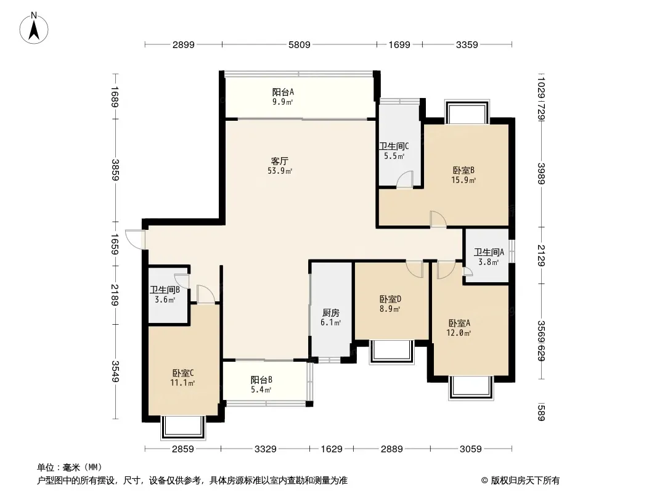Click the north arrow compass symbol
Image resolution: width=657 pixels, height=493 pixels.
click(x=34, y=28)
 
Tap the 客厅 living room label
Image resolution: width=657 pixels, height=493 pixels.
click(x=279, y=161)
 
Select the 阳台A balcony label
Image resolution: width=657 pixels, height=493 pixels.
click(x=283, y=92)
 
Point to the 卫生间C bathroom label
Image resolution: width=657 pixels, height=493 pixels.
click(x=394, y=146)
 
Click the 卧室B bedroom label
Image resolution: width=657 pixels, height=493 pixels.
click(x=463, y=171)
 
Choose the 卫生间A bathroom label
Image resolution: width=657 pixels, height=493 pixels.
click(x=489, y=252)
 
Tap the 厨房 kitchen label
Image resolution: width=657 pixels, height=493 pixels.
click(x=330, y=313)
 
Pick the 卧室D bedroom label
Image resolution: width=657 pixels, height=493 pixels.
click(x=390, y=299)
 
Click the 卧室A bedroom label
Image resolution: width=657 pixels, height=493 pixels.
click(x=459, y=323)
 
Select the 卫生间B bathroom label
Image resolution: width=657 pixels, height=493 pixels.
click(x=165, y=290)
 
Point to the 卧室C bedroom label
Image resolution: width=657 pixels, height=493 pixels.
click(x=182, y=373)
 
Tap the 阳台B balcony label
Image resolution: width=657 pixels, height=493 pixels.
click(x=261, y=380)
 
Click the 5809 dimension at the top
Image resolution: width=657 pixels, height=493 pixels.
click(x=299, y=44)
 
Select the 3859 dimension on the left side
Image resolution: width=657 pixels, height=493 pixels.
click(x=115, y=170)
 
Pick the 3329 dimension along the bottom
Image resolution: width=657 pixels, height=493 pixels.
click(x=265, y=449)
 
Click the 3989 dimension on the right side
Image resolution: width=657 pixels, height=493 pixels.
click(x=541, y=173)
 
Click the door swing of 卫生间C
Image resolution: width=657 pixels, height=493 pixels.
click(x=405, y=179)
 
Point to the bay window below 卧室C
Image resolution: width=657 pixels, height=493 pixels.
click(x=183, y=427)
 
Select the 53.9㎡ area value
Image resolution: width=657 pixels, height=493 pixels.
click(x=279, y=171)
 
